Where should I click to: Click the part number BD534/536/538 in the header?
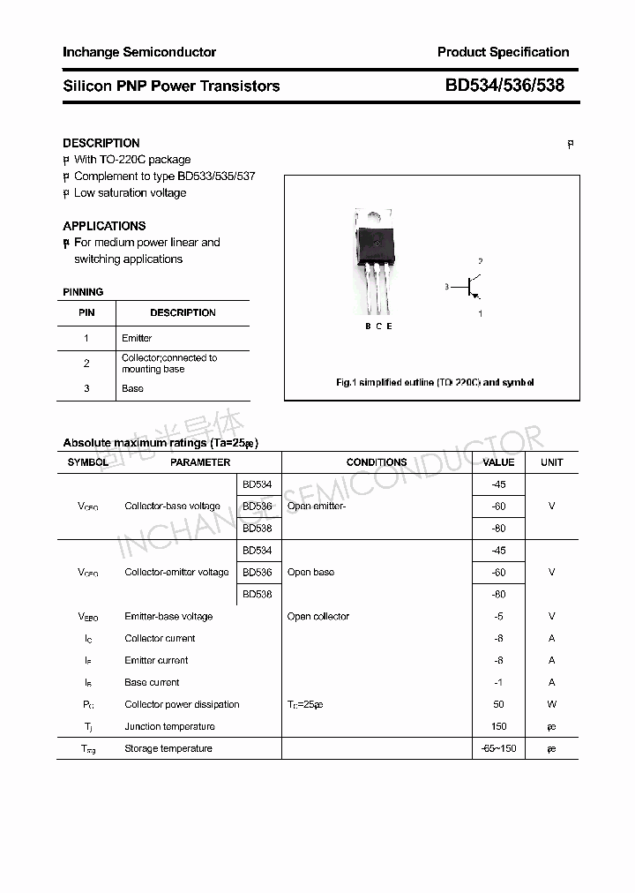pos(504,86)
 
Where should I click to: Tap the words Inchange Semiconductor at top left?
pos(139,52)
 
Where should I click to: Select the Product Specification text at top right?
pos(503,52)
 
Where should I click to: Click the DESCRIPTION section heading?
pos(101,143)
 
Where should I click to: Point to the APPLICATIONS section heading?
pos(104,226)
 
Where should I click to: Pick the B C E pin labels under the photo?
pos(378,326)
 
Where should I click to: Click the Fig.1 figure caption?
pos(435,383)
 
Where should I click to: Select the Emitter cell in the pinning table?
pos(137,338)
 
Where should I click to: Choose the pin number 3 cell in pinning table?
pos(86,388)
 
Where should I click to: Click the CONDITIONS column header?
pos(377,462)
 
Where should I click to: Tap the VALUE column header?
pos(498,462)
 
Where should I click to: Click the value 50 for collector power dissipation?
pos(498,704)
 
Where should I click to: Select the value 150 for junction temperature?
pos(498,726)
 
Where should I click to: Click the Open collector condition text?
pos(317,617)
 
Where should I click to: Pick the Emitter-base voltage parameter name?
pos(168,617)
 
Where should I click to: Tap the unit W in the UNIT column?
pos(551,704)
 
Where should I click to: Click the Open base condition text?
pos(310,573)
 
